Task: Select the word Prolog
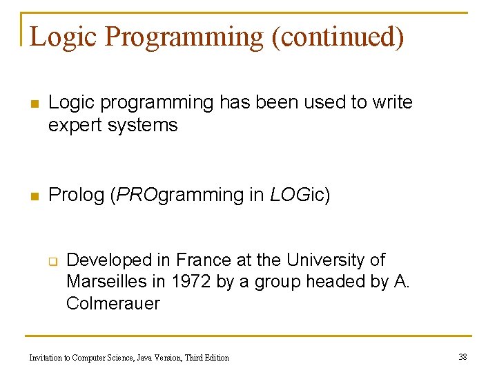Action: coord(76,195)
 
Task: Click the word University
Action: coord(325,260)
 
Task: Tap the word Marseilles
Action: coord(106,282)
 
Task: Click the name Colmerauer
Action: coord(113,303)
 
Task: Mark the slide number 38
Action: coord(462,357)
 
